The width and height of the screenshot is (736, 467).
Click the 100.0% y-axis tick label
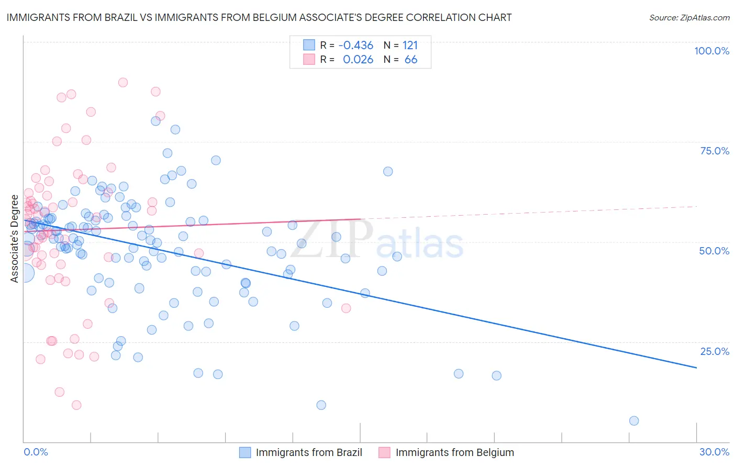pos(711,51)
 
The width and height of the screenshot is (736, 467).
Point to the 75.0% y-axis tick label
pos(715,151)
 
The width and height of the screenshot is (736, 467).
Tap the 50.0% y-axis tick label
pos(714,251)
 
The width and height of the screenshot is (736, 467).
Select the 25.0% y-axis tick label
pos(715,351)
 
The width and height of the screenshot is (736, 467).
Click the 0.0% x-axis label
pos(36,452)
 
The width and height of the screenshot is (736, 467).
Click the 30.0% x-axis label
pos(714,452)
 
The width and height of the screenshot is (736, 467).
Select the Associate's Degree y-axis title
pos(15,239)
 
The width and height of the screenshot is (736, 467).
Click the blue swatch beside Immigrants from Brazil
pos(245,452)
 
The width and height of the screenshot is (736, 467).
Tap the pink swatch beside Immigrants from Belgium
pos(385,452)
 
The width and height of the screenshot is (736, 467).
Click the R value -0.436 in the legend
pos(356,46)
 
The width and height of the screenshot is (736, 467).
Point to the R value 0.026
pos(358,60)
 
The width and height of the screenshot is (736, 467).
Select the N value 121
pos(410,46)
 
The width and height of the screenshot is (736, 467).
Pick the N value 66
pos(411,60)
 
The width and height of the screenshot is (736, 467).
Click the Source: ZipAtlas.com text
pos(689,18)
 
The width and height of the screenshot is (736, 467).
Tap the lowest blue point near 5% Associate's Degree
pos(634,421)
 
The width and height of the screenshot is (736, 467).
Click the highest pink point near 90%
pos(123,82)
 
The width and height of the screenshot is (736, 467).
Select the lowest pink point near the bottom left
pos(76,405)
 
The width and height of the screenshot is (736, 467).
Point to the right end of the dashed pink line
pos(697,206)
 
